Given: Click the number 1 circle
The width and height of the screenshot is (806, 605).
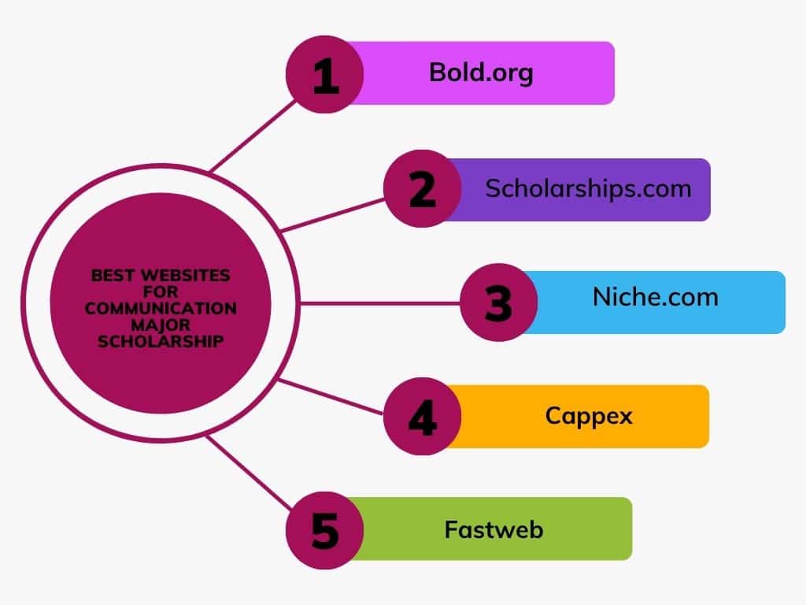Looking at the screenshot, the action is point(325,75).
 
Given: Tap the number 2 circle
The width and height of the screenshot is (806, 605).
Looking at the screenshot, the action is point(423,189).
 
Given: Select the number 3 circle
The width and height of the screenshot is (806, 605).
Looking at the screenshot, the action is point(498,302).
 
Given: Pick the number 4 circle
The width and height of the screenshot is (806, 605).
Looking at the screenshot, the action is point(423,416).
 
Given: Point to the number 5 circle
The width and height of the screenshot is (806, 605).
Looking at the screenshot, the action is point(325,530).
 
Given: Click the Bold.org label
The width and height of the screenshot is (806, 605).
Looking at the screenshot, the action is point(481,73).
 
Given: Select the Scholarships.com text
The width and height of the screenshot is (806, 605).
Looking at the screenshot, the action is point(589,189).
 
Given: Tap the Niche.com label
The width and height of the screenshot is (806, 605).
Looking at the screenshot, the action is point(656,297).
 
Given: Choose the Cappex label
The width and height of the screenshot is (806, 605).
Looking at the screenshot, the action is point(589,416).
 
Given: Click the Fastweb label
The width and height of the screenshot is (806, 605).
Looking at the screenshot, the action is point(494,529).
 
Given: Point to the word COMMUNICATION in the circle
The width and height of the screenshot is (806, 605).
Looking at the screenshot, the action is point(161,308).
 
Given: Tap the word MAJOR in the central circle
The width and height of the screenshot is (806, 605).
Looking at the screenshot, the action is point(161,325).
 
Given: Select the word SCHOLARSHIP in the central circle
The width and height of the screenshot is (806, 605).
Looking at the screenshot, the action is point(161,341).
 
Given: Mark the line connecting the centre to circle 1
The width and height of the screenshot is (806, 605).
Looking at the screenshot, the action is point(253,135).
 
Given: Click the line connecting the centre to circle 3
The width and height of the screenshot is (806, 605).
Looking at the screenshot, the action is point(380,303).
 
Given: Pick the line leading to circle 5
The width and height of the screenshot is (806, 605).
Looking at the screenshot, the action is point(250,473).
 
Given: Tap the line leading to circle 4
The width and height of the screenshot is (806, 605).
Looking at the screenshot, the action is point(330,397).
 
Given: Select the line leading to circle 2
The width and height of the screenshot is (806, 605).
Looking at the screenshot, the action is point(333,214).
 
